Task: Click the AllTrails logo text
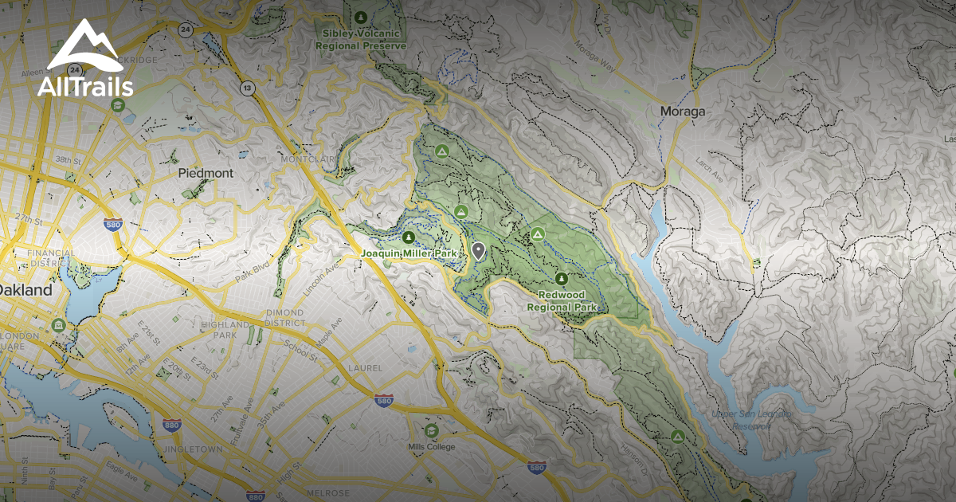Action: pos(84,86)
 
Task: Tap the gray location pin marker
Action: pos(478,251)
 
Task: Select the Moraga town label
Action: pos(683,112)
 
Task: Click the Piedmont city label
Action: pos(206,173)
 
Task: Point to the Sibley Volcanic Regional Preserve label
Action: pos(361,40)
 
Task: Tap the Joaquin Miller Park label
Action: pos(409,253)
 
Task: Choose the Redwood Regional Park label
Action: pos(562,300)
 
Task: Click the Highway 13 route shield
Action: pos(249,88)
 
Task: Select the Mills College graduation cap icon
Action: pos(431,430)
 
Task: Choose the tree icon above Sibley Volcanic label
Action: pos(361,17)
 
